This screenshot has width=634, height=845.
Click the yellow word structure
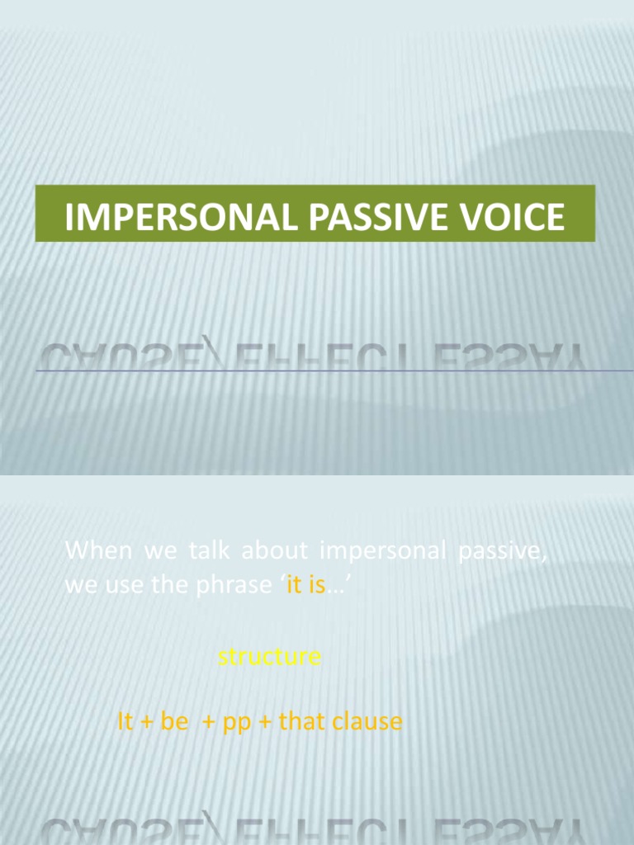click(x=269, y=657)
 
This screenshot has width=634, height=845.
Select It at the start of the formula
click(x=125, y=722)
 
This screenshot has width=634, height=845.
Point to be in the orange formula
click(x=175, y=722)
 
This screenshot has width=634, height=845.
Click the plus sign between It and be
click(x=148, y=723)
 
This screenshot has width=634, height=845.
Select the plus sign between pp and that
click(x=266, y=723)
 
